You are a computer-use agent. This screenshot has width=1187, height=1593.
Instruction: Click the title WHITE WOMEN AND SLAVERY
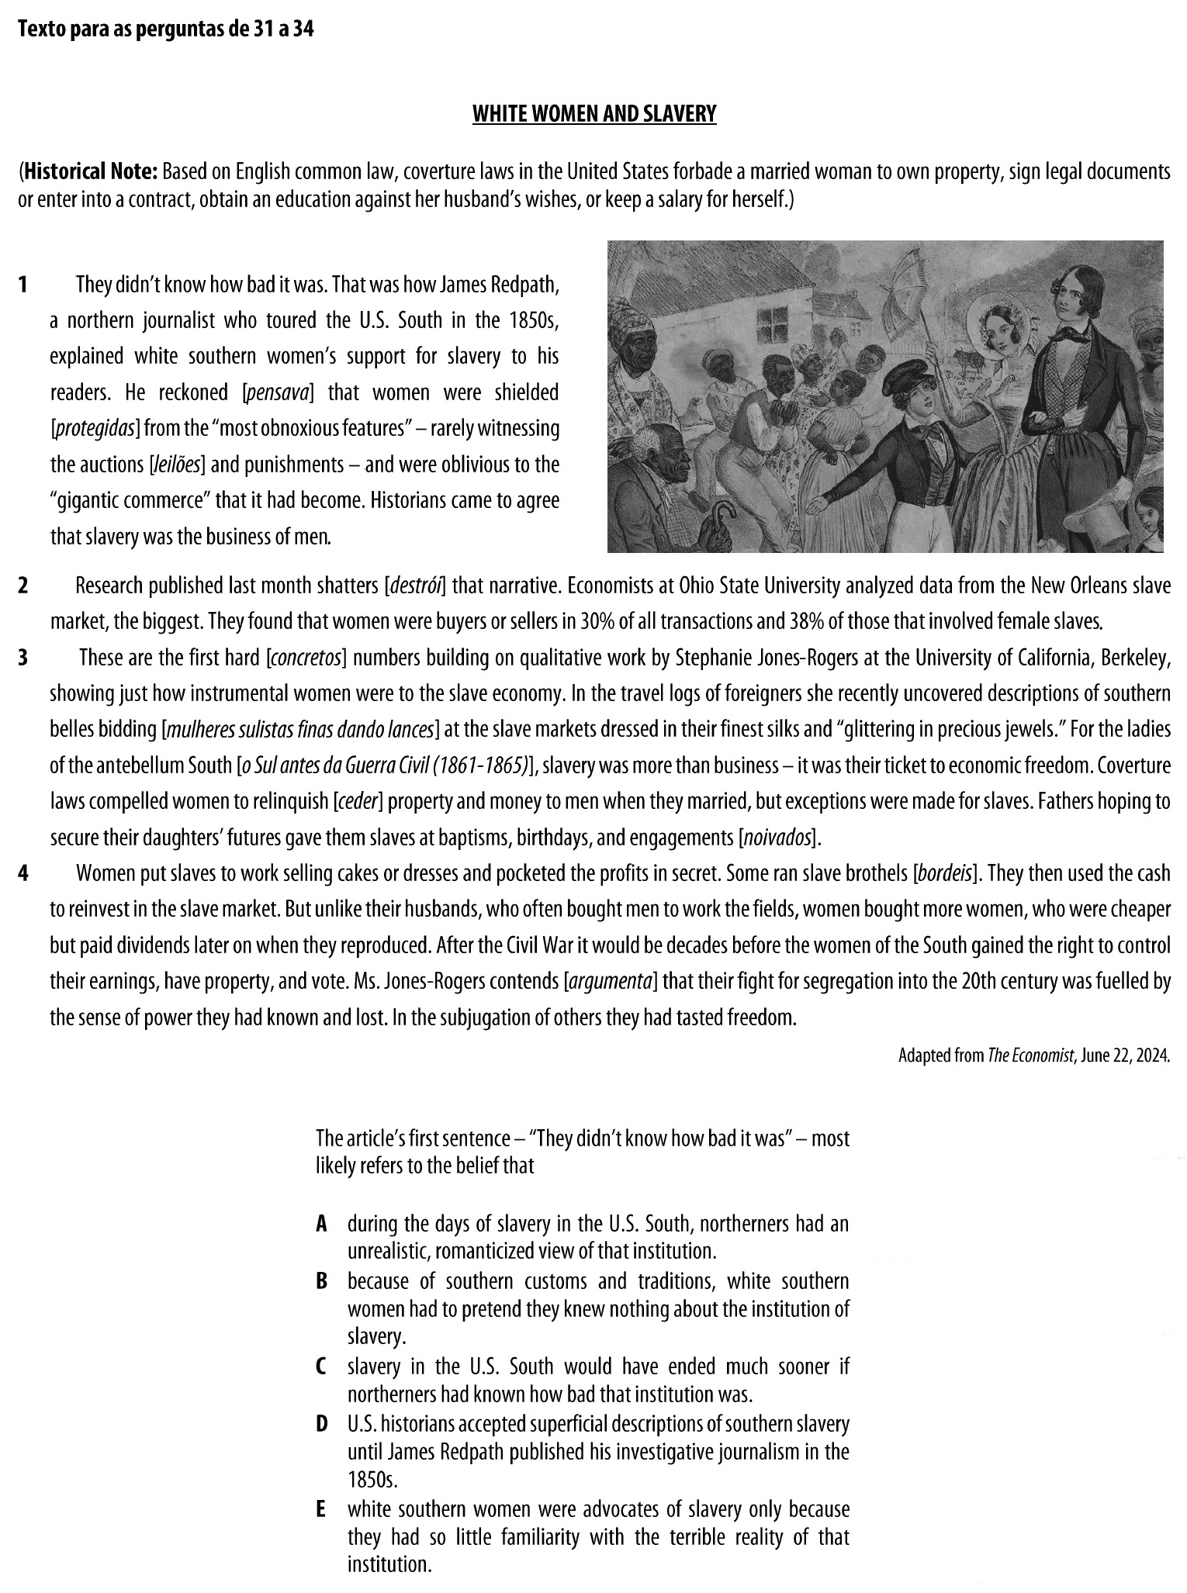[x=594, y=115]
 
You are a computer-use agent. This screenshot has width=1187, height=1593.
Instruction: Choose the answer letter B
[x=321, y=1281]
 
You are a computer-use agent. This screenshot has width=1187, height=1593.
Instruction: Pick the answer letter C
[x=321, y=1366]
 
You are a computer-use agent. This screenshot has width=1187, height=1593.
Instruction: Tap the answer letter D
[x=321, y=1424]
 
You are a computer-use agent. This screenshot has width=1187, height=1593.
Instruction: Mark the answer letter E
[x=321, y=1509]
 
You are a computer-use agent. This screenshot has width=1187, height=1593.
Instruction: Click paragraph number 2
[x=23, y=586]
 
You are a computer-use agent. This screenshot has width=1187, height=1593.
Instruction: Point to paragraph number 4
[x=23, y=874]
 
